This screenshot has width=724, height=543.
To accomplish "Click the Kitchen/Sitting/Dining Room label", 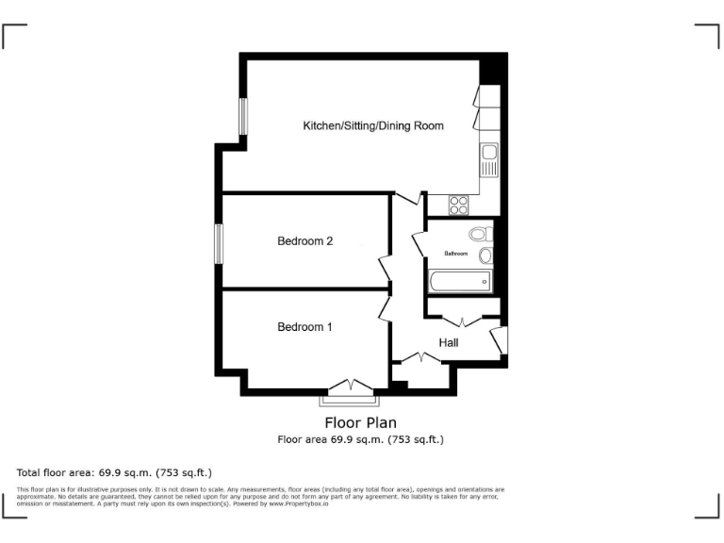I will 372,125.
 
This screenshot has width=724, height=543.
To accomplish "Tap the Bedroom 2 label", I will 304,241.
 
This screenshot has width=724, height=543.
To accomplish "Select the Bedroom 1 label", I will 304,327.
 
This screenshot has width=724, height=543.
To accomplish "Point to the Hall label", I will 449,342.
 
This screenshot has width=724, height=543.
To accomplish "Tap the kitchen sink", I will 488,160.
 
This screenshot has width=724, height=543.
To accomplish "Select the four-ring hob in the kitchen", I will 458,204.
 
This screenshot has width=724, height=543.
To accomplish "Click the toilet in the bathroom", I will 480,234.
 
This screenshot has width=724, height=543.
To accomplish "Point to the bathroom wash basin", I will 485,255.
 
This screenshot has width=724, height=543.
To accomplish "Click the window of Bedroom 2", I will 218,243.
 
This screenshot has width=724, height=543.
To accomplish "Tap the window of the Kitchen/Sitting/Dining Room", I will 242,117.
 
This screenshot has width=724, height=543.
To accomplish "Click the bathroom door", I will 419,242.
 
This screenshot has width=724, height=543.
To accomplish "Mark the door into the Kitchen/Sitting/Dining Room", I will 407,199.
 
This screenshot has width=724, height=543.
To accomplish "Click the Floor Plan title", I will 361,422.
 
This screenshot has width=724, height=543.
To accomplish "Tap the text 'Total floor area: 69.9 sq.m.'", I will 115,472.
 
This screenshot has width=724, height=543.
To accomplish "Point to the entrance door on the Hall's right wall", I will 500,340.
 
